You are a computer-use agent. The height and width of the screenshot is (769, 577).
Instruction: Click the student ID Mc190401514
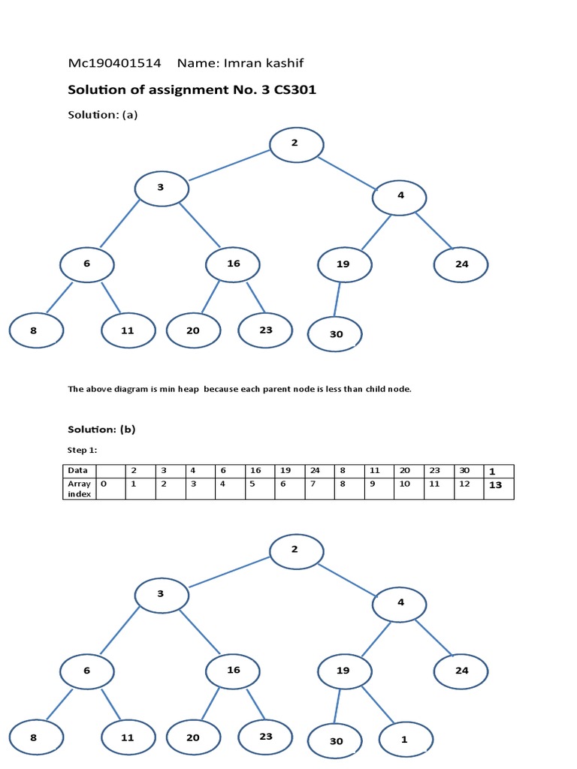(114, 63)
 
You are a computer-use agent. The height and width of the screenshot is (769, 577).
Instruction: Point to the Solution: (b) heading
(101, 430)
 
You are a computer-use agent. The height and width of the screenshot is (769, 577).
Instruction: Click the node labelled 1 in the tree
(405, 740)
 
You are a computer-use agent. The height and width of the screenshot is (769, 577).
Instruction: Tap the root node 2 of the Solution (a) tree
(296, 145)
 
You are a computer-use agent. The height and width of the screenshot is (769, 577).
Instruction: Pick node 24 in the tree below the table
(461, 670)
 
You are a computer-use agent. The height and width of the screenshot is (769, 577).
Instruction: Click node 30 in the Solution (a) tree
(336, 334)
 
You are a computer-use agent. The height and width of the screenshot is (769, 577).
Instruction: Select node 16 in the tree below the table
(234, 669)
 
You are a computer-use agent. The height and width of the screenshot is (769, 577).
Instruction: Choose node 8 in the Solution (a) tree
(35, 330)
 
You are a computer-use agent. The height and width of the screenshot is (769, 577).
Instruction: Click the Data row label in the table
(78, 470)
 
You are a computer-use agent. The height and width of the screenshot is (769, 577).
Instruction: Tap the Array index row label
(78, 489)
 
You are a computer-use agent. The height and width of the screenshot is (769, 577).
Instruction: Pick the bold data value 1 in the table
(493, 472)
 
